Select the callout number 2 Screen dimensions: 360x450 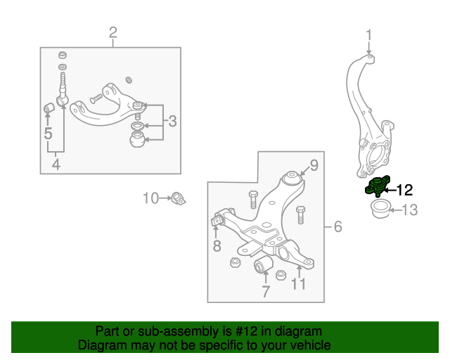click(112, 32)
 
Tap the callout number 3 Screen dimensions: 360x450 click(173, 122)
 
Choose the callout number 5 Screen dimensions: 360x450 click(48, 132)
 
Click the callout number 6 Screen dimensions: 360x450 click(337, 226)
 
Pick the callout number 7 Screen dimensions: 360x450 click(265, 290)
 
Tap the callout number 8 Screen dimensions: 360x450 click(217, 245)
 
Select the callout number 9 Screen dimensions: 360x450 click(314, 166)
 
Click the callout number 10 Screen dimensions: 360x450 click(150, 198)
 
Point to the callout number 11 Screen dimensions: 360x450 click(299, 284)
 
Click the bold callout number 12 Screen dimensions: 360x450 click(405, 188)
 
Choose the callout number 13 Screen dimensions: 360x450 click(409, 209)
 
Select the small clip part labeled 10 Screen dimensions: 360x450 click(179, 198)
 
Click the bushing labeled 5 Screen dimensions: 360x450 click(49, 109)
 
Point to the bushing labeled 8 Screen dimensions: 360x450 click(217, 222)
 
